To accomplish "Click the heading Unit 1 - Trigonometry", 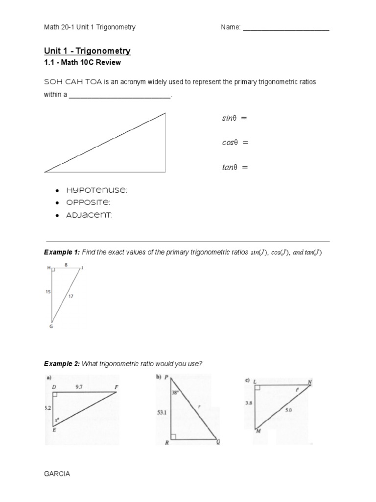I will point(87,51).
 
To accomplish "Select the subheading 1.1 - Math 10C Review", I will point(82,63).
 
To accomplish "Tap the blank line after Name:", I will point(286,28).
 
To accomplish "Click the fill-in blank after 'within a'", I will point(120,95).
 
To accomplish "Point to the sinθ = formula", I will point(232,118).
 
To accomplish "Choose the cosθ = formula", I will point(233,143).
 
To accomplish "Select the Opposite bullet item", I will point(87,202).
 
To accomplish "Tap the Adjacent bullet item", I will point(88,215).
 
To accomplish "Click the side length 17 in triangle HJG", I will point(70,296).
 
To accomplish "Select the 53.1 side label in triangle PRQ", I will point(162,413).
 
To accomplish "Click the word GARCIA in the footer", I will point(57,474).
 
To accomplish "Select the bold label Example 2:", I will point(62,363).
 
